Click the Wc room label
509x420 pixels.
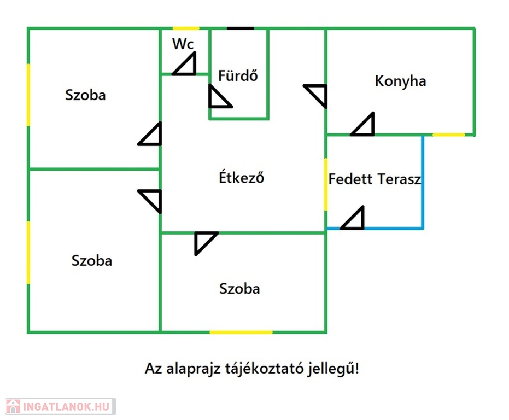183,44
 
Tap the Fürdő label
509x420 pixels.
238,75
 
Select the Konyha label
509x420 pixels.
400,81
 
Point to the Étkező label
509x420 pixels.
241,177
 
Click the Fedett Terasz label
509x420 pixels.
375,179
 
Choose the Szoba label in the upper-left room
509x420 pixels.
85,95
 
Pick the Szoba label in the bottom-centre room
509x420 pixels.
239,288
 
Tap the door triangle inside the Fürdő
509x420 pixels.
220,96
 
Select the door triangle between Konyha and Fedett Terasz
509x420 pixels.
362,124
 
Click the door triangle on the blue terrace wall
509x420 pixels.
352,218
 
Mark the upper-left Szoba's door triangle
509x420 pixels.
150,133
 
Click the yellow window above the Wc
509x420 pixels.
186,28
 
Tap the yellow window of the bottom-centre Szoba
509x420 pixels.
241,332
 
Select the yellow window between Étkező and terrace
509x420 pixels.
326,184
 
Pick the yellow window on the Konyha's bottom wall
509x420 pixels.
449,135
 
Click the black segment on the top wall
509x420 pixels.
240,28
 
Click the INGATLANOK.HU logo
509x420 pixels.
61,406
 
